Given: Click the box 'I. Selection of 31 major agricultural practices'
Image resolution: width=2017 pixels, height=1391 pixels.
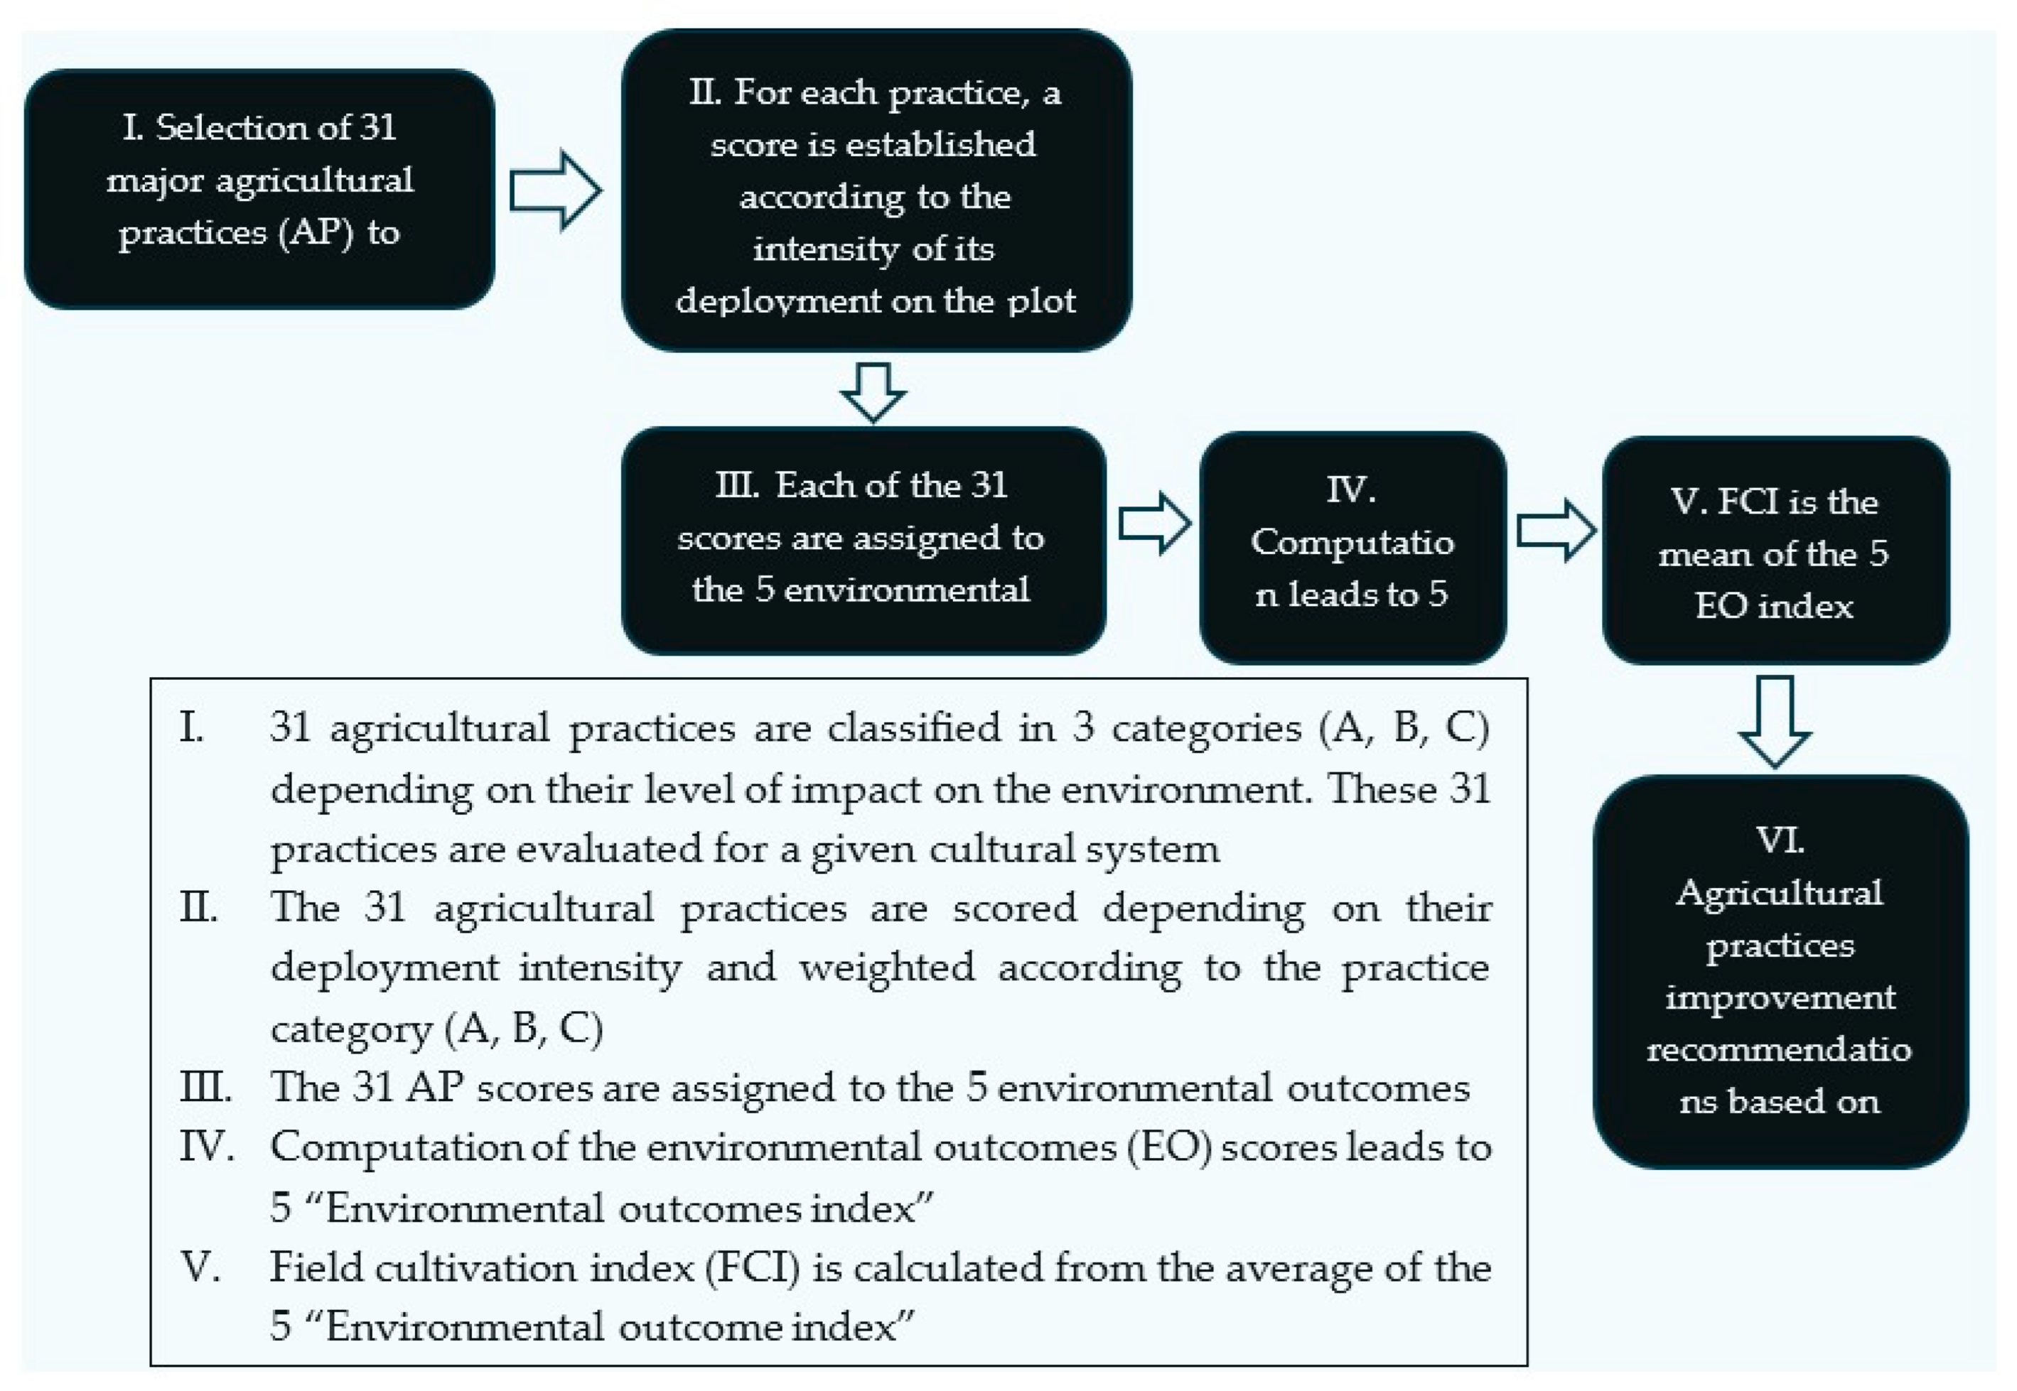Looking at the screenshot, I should (x=259, y=188).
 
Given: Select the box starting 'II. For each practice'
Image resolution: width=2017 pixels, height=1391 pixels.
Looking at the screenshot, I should (x=876, y=190).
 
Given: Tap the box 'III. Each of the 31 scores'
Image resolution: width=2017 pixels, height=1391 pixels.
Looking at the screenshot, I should (x=863, y=541).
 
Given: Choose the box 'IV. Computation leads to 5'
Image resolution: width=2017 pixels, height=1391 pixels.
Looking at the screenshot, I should (x=1352, y=547).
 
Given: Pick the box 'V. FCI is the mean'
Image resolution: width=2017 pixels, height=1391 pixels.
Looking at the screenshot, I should (x=1775, y=550).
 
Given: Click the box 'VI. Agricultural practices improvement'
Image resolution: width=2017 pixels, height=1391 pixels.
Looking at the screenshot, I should (x=1779, y=971).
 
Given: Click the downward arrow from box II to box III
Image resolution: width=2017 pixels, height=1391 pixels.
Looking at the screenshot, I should (x=873, y=391).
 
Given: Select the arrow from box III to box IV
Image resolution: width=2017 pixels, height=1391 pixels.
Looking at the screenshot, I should (x=1154, y=524).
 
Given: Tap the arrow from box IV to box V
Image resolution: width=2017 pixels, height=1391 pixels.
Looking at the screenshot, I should (x=1556, y=530).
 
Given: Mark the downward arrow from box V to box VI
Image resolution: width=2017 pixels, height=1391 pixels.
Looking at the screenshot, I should (x=1775, y=721).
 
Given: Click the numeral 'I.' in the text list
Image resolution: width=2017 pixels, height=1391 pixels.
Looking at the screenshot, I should (x=193, y=727).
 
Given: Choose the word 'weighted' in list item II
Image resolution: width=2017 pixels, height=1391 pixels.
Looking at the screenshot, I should (x=886, y=968).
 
